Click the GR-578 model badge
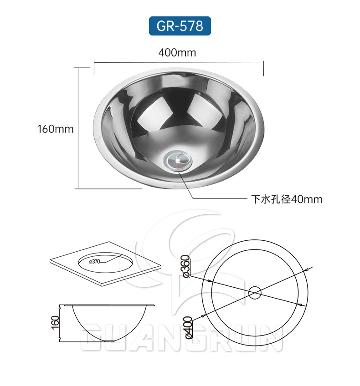coord(180,26)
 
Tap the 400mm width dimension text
coord(177,53)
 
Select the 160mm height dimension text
coord(56,129)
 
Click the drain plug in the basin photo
coord(178,161)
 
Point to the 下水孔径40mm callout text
coord(287,199)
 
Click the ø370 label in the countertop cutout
coord(95,261)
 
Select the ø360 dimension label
coord(187,266)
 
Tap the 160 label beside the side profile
coord(55,322)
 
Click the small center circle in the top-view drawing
coord(255,292)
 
